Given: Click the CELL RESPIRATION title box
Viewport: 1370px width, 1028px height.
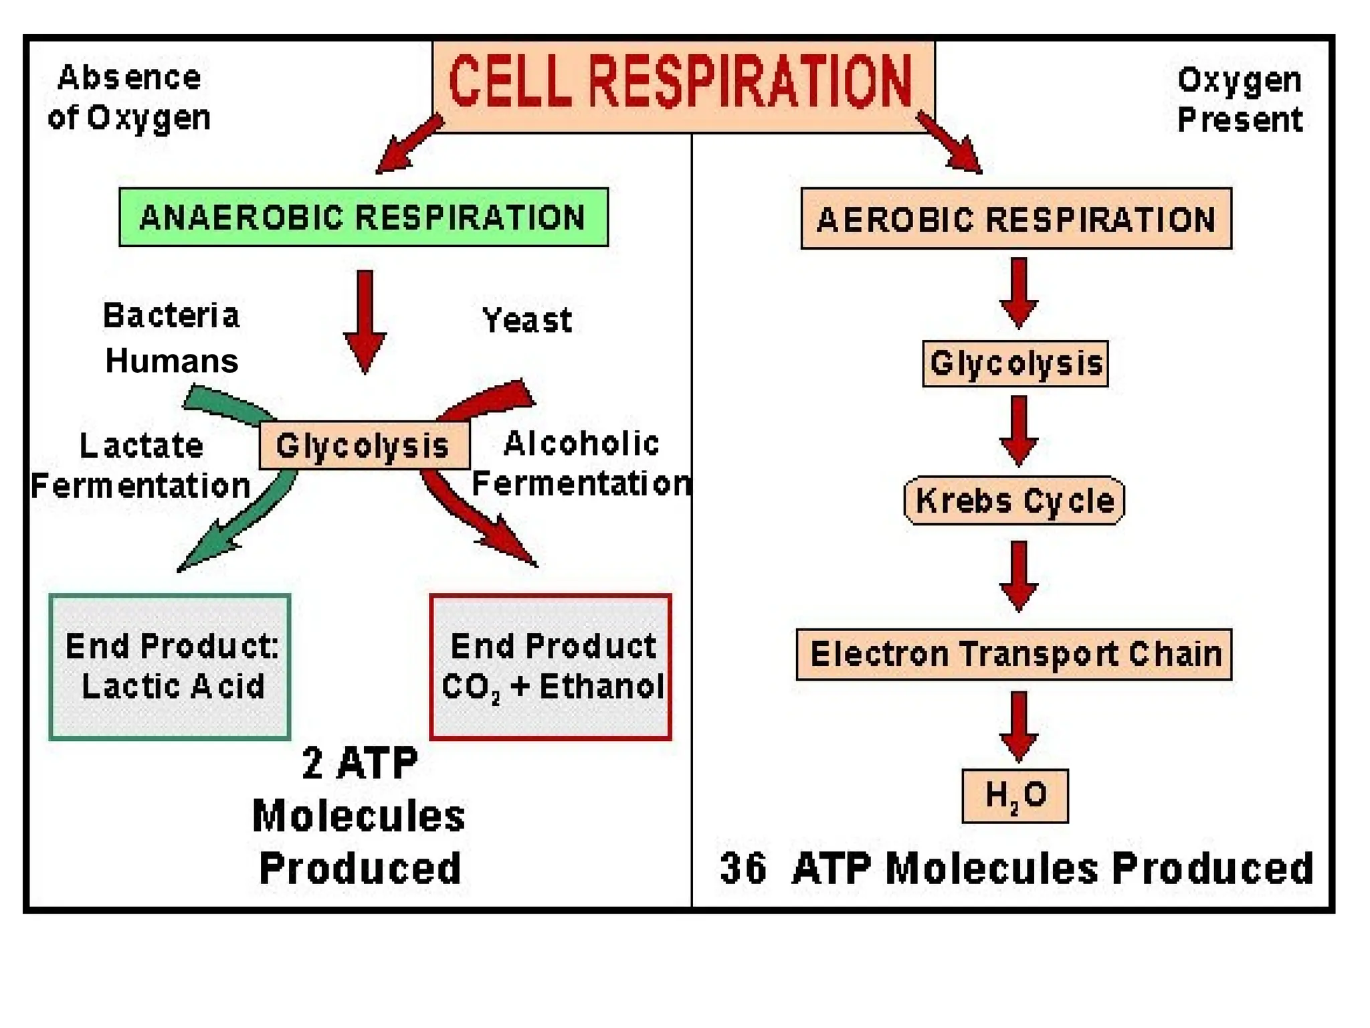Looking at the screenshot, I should pos(682,86).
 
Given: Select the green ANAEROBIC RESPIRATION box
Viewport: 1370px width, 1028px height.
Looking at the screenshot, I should pos(363,218).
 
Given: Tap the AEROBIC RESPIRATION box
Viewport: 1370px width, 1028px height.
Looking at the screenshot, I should pos(1015,219).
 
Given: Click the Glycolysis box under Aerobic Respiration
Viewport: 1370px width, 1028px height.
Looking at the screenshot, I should pos(1015,363).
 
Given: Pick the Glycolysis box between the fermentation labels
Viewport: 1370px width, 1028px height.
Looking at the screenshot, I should pos(364,445).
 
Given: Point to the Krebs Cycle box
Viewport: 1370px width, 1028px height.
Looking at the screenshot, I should pos(1014,501).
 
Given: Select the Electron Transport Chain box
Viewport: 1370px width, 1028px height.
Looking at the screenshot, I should pos(1014,654).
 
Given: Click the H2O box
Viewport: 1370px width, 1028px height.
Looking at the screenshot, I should pos(1015,796).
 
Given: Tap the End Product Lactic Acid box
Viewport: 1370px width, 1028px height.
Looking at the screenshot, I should pos(170,667).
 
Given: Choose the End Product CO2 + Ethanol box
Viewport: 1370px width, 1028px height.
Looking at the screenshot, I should pos(551,667).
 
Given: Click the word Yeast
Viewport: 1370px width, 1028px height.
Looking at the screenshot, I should pos(527,321).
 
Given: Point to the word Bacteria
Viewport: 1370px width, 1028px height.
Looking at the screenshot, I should pos(171,316).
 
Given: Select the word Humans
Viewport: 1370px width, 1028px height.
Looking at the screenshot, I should pos(172,361).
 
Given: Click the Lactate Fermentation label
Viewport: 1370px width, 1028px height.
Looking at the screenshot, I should pos(140,466).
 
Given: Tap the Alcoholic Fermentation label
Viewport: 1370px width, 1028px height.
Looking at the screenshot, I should pos(581,464).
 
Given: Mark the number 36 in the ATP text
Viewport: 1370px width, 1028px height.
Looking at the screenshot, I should pos(743,869).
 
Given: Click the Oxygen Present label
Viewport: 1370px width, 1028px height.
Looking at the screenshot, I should pos(1240,100).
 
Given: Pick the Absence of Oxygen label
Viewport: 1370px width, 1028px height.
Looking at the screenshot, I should pos(129,98).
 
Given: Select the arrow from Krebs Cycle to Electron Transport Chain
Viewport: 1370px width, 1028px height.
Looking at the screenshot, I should pos(1018,576).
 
